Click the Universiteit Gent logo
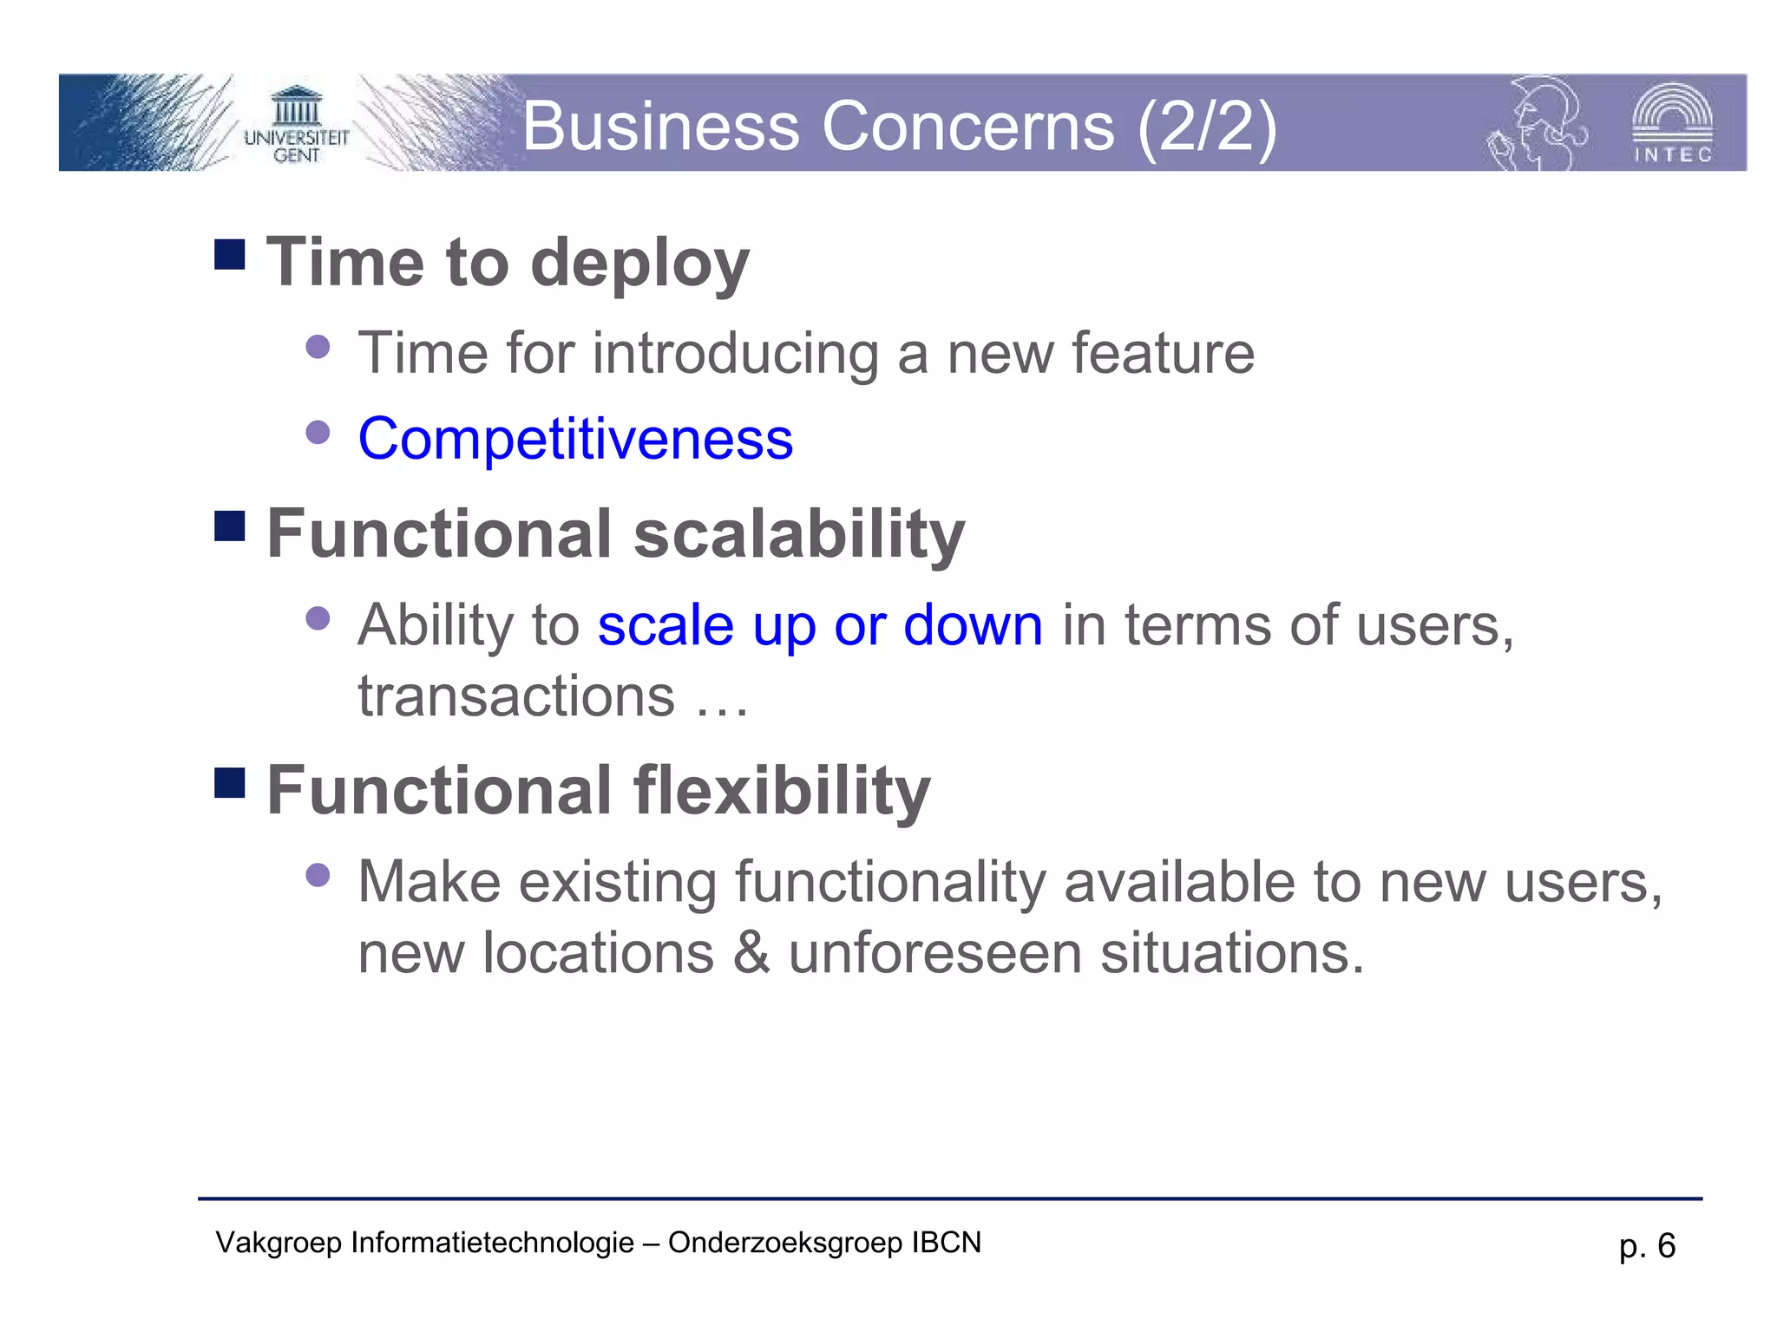296,125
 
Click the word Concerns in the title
967,127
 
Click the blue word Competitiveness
575,439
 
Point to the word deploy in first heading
639,264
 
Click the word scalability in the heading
799,534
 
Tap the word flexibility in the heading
782,791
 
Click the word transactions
516,696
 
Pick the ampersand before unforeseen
751,953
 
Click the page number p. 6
1647,1246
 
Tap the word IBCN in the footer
946,1243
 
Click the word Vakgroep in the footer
279,1243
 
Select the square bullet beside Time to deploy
230,254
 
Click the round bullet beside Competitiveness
318,432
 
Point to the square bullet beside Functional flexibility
230,782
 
